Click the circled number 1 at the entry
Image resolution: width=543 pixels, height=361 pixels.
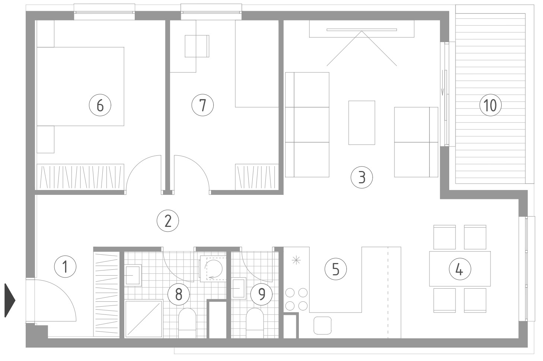click(x=65, y=266)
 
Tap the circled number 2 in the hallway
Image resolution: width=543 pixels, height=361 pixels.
click(x=168, y=221)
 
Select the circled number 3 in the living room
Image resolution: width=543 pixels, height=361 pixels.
click(x=362, y=177)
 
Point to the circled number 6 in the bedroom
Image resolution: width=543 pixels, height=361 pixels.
click(x=100, y=105)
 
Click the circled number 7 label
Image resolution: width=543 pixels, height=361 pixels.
click(x=203, y=105)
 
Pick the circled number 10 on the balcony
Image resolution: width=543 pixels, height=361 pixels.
click(x=491, y=105)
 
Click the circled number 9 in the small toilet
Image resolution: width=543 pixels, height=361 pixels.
click(x=261, y=294)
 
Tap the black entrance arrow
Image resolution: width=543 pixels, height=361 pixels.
click(x=10, y=300)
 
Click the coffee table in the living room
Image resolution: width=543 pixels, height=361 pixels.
click(x=362, y=123)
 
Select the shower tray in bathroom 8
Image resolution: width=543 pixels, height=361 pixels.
click(x=144, y=319)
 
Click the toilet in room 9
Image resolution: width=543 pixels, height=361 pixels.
click(x=255, y=323)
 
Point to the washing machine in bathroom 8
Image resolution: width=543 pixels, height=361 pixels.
click(x=213, y=269)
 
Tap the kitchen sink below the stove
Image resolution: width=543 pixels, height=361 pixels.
click(x=323, y=326)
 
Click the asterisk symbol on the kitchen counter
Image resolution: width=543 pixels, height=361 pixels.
click(x=296, y=260)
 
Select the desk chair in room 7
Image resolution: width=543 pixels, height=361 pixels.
click(x=197, y=46)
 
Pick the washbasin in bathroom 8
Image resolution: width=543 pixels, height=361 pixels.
click(x=133, y=275)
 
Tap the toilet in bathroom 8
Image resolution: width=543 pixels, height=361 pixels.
click(x=187, y=323)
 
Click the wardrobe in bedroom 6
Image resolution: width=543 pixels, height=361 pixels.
click(x=80, y=177)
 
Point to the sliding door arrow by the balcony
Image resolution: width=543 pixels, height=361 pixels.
click(x=443, y=82)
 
